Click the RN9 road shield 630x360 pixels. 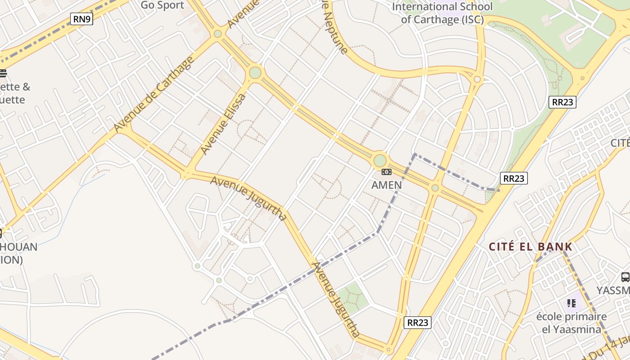pos(81,19)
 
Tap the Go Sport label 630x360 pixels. pos(162,5)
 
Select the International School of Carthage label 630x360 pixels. pos(442,13)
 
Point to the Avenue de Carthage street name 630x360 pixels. pos(154,94)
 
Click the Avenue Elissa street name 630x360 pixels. pos(224,124)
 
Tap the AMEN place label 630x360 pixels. pos(387,185)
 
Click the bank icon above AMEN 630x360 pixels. pos(387,172)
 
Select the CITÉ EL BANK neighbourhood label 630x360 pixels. pos(531,247)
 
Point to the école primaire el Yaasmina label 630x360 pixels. pos(571,323)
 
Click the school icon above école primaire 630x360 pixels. pos(571,303)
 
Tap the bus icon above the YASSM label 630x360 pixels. pos(625,277)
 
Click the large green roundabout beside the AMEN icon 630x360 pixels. pos(380,161)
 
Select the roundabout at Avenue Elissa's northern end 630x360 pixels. pos(255,72)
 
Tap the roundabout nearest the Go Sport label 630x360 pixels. pos(218,33)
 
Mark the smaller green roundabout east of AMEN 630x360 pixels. pos(435,188)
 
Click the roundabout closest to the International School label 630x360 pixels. pos(477,80)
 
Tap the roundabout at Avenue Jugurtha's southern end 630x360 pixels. pos(389,349)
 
